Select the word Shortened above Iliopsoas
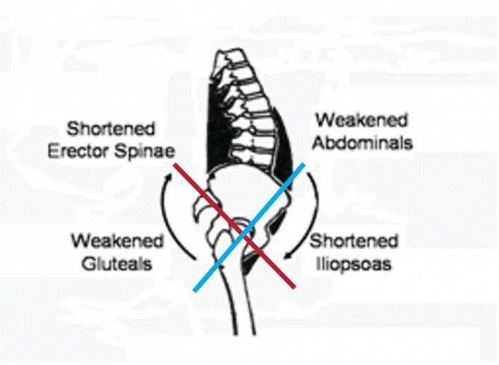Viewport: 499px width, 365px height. [x=355, y=242]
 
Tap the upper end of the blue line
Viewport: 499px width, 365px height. [x=304, y=164]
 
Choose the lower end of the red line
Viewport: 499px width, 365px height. [x=294, y=287]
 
